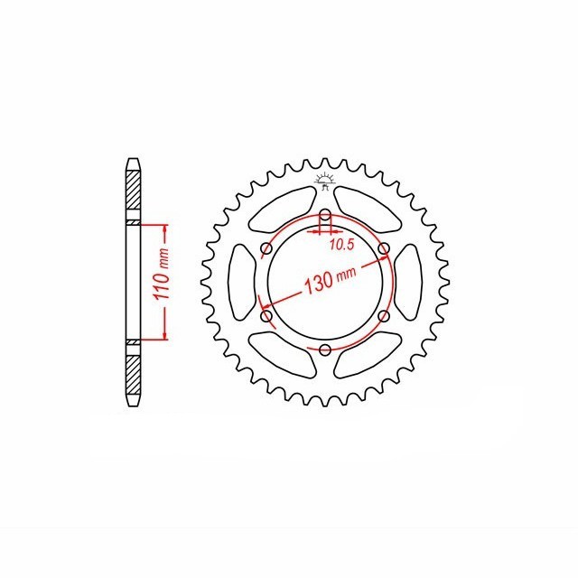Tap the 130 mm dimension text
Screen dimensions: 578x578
tap(330, 280)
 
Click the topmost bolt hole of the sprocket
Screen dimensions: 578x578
tap(325, 214)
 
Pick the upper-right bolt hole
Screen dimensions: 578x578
tap(384, 248)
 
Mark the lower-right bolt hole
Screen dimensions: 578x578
tap(384, 315)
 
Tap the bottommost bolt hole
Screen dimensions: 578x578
tap(325, 349)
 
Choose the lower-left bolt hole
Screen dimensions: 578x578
tap(266, 315)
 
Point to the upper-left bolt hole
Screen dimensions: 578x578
tap(266, 248)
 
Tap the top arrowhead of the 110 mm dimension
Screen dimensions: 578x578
tap(165, 227)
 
